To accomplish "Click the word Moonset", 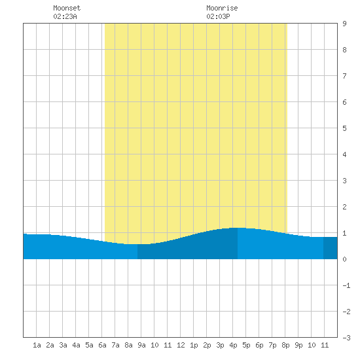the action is click(x=67, y=8).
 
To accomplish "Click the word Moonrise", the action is click(x=222, y=8).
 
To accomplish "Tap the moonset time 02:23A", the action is click(x=65, y=16).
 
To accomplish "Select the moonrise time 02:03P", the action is click(x=218, y=16).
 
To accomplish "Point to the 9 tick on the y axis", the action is click(x=344, y=24).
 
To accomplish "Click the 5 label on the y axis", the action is click(x=344, y=128).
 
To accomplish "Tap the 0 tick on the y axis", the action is click(x=344, y=259).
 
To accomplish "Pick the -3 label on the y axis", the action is click(x=346, y=338).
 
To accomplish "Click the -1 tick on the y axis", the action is click(x=346, y=285).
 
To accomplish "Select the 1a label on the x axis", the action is click(x=37, y=345).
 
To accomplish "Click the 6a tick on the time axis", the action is click(x=102, y=345).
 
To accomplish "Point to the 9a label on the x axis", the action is click(x=141, y=345).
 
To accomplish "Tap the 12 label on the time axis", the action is click(x=181, y=345).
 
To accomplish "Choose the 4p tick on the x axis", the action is click(x=233, y=345).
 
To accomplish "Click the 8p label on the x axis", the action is click(x=285, y=345).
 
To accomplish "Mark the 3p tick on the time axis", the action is click(x=220, y=345).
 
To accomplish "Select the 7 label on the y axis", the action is click(x=344, y=76).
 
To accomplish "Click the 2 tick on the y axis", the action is click(x=344, y=207).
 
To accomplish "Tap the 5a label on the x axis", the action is click(x=89, y=345).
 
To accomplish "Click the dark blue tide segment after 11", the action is click(x=331, y=248).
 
